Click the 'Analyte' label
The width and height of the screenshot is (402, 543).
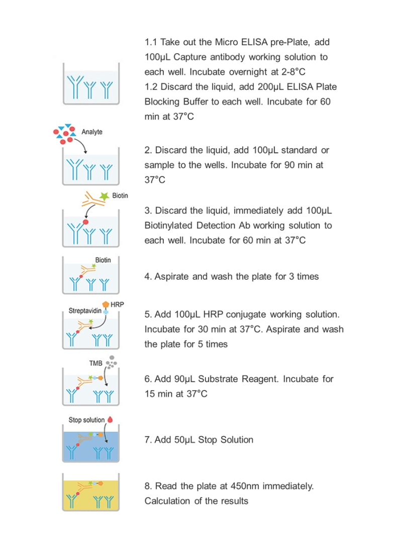click(x=92, y=132)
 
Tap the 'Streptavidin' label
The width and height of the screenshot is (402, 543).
click(x=85, y=311)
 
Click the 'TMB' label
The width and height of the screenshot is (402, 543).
click(x=96, y=361)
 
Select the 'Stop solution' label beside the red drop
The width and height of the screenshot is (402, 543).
click(x=87, y=419)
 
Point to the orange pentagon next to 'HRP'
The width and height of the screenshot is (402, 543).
click(x=106, y=304)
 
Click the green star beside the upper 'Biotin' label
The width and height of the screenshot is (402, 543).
click(x=105, y=197)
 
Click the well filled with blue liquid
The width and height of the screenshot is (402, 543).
click(x=90, y=445)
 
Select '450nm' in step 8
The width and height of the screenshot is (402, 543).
click(x=246, y=486)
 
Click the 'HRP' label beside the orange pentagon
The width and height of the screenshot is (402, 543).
click(x=117, y=305)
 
